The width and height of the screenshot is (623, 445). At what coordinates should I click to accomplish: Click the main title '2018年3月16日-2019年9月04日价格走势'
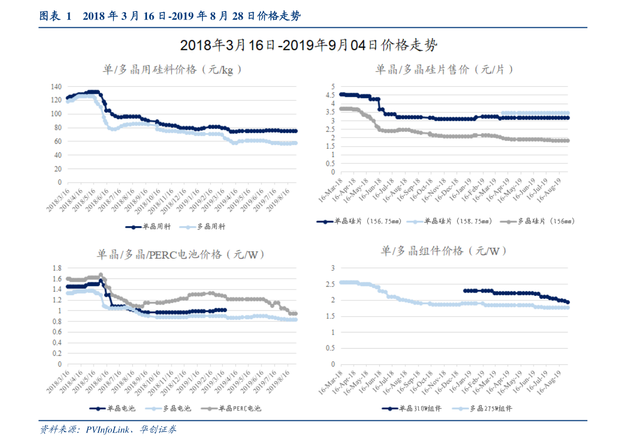(309, 46)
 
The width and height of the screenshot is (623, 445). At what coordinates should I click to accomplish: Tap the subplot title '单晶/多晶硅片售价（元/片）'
(445, 70)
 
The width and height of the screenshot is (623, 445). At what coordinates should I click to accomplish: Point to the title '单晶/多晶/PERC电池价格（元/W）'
(180, 255)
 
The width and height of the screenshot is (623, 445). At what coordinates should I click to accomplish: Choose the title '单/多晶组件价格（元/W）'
(444, 251)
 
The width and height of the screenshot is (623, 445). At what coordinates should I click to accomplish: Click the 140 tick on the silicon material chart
(56, 86)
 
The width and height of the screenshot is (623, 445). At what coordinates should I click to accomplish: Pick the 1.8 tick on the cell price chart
(57, 268)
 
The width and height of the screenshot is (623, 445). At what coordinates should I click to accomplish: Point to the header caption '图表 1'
(55, 16)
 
